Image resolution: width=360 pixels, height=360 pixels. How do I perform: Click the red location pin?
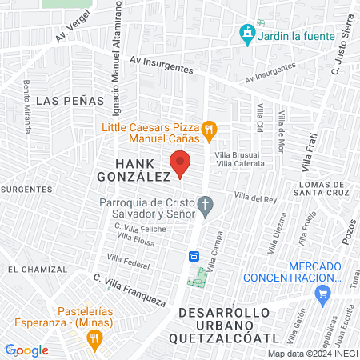tap(181, 162)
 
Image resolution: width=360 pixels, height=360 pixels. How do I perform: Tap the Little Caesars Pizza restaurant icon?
tap(209, 128)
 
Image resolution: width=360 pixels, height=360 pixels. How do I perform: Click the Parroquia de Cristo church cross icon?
tap(206, 206)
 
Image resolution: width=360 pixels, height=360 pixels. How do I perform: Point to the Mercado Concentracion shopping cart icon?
tap(323, 296)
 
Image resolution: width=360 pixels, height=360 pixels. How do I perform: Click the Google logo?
tap(26, 350)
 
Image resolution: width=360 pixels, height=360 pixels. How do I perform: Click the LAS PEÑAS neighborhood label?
tap(70, 100)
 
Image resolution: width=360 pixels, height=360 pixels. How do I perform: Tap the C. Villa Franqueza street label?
tap(129, 291)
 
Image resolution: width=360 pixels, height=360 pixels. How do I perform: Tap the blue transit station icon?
tap(194, 256)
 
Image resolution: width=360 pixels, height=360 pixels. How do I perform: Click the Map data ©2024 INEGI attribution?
tap(310, 353)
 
